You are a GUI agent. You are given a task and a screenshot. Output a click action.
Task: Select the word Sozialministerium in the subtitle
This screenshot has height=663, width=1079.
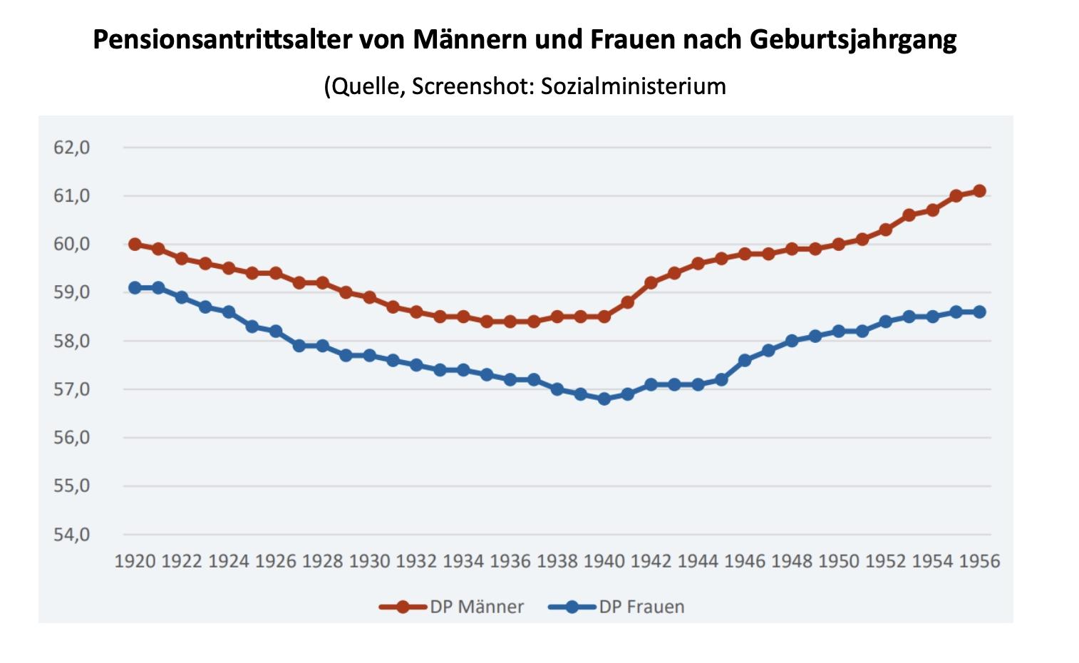pyautogui.click(x=634, y=86)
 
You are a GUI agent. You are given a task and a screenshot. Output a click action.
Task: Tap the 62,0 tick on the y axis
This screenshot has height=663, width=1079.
pyautogui.click(x=71, y=148)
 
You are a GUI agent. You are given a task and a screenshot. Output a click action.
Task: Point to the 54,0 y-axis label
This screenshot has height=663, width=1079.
pyautogui.click(x=71, y=534)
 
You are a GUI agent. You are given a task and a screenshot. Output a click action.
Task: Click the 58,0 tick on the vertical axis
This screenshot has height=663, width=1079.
pyautogui.click(x=71, y=341)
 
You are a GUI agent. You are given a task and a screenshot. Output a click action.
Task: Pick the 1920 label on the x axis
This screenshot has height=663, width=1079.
pyautogui.click(x=135, y=561)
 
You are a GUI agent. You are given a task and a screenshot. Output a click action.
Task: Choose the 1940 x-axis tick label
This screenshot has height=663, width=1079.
pyautogui.click(x=604, y=561)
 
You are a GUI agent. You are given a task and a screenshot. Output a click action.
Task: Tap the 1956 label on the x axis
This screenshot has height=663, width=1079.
pyautogui.click(x=979, y=561)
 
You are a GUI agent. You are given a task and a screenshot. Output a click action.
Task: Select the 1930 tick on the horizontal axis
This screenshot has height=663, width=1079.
pyautogui.click(x=369, y=561)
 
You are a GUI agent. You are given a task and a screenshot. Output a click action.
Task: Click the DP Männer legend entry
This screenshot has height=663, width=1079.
pyautogui.click(x=476, y=607)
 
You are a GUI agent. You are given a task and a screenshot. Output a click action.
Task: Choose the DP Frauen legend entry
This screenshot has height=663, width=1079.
pyautogui.click(x=641, y=607)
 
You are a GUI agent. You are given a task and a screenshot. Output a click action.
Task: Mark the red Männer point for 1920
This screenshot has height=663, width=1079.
pyautogui.click(x=135, y=244)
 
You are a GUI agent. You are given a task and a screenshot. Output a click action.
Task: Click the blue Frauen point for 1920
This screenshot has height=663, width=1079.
pyautogui.click(x=135, y=288)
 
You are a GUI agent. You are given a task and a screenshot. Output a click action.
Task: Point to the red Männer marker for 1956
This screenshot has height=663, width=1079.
pyautogui.click(x=979, y=190)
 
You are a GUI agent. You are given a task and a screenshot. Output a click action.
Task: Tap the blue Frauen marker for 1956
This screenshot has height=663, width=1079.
pyautogui.click(x=979, y=312)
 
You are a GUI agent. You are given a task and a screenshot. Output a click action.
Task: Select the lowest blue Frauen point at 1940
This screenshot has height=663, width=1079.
pyautogui.click(x=604, y=399)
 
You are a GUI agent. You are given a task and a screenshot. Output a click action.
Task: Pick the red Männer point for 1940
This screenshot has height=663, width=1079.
pyautogui.click(x=604, y=317)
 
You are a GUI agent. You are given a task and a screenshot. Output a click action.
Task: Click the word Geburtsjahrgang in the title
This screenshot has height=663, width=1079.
pyautogui.click(x=852, y=40)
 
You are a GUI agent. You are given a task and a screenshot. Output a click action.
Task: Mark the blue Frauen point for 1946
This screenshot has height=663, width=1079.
pyautogui.click(x=745, y=360)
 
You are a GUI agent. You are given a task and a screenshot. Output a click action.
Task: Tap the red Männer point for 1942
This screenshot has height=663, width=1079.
pyautogui.click(x=651, y=283)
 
